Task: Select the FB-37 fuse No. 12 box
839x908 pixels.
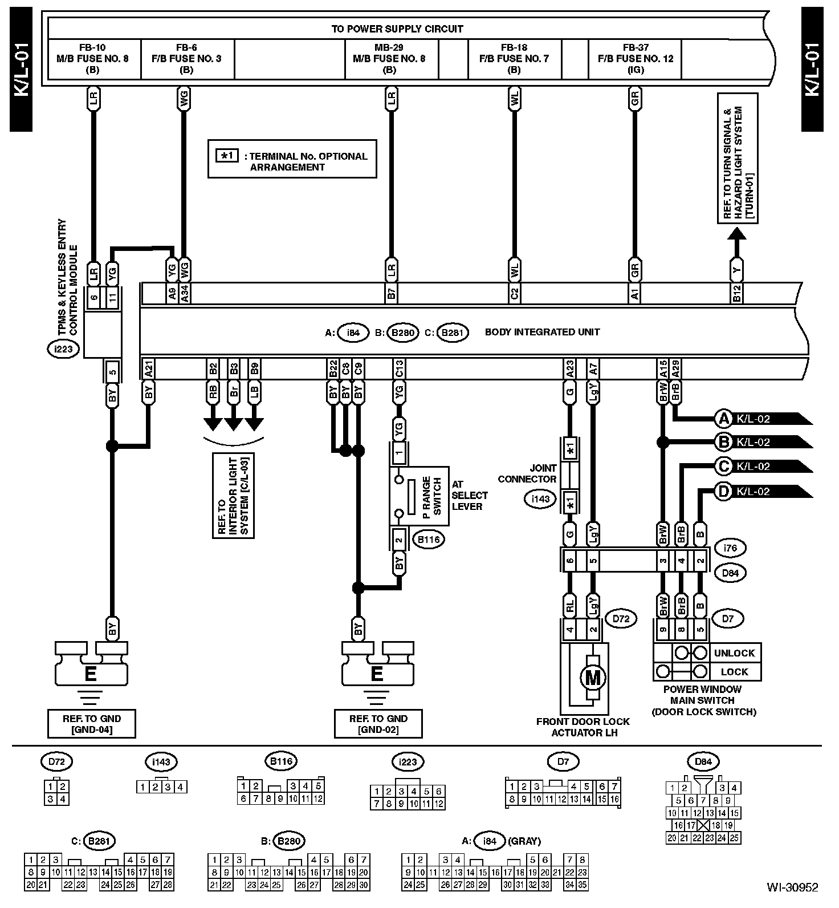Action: coord(635,59)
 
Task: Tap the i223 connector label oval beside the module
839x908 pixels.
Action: coord(63,348)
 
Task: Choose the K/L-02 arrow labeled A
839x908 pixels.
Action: coord(761,419)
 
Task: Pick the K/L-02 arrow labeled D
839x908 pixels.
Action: coord(761,492)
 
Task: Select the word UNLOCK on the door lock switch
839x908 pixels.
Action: coord(734,653)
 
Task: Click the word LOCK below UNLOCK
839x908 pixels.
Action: coord(734,672)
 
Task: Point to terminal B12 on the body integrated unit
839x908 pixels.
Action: coord(737,293)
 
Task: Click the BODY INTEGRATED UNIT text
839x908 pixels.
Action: coord(542,332)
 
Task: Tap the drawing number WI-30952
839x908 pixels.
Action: coord(792,887)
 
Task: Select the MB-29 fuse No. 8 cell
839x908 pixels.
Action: coord(389,59)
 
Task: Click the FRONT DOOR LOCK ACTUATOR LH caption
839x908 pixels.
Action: coord(583,727)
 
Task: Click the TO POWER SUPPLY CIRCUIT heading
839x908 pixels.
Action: coord(397,29)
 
